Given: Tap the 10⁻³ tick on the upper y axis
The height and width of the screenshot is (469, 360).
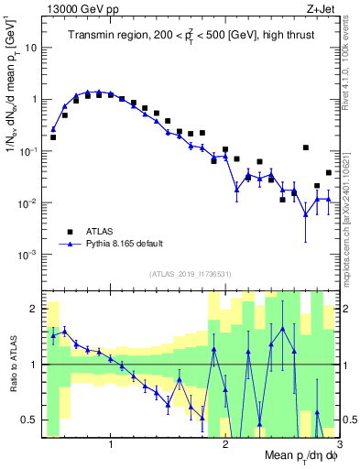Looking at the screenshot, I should point(27,254).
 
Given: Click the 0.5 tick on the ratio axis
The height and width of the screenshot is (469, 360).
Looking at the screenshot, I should point(29,420).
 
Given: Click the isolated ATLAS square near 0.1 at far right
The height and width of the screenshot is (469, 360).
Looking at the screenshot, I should point(305,147).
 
